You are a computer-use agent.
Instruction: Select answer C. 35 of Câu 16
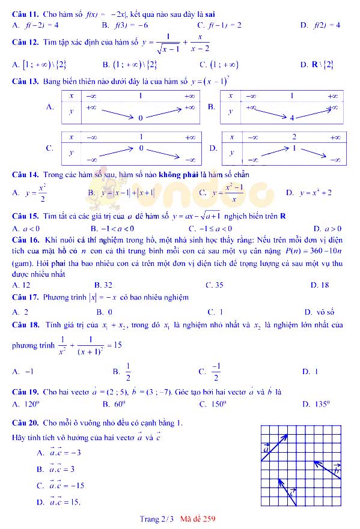214,285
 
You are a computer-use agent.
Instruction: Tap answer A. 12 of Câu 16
21,285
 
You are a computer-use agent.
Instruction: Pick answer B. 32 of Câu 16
103,285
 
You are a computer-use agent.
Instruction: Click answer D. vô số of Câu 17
319,312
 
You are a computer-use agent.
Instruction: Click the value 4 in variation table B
292,118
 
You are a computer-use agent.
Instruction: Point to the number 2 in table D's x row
294,137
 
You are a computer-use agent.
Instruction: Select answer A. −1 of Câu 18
23,372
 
